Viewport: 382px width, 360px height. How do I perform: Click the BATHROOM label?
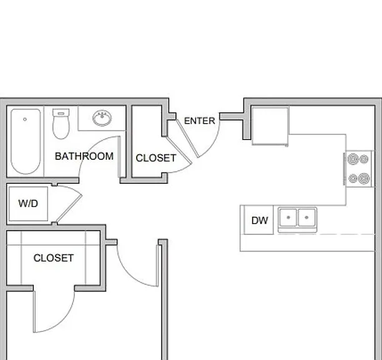pos(84,156)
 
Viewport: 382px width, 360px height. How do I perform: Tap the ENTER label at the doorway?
pos(200,121)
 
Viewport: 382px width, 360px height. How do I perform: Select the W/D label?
pos(28,203)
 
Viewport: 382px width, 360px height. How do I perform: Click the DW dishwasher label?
pos(260,220)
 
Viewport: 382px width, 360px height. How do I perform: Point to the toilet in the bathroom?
pos(61,124)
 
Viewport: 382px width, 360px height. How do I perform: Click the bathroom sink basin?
pos(102,118)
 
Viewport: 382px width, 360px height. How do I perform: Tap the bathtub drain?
pos(25,119)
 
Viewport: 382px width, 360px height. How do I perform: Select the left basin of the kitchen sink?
pos(288,217)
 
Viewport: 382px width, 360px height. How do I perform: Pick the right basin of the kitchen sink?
pos(306,217)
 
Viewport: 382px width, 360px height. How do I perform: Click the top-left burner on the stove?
pos(353,159)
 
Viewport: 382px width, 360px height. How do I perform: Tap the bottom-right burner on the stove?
pos(364,179)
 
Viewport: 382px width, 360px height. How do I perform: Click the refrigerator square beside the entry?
pos(270,126)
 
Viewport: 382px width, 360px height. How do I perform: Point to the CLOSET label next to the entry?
pos(156,158)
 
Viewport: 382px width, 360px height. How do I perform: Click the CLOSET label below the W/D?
pos(54,258)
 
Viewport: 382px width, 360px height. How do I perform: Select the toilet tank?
pos(61,112)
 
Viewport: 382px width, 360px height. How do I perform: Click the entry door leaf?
pos(188,138)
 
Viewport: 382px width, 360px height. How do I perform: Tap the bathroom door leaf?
pos(119,157)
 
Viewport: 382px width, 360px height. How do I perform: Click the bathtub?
pos(26,141)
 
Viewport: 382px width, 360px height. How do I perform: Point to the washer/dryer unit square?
pos(28,204)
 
